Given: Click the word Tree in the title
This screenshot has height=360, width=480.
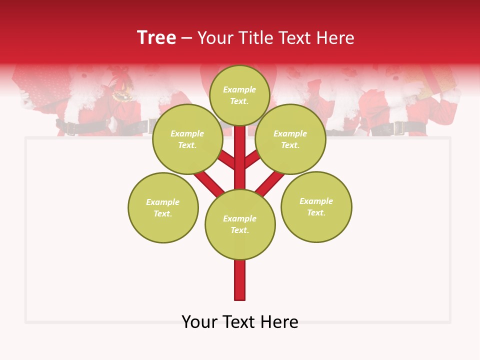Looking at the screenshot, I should (x=156, y=38).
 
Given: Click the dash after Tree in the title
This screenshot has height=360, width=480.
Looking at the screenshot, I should (x=186, y=38).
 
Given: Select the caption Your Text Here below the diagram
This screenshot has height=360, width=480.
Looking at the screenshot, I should (x=240, y=322).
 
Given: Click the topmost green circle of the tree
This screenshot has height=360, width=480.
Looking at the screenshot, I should (x=239, y=95).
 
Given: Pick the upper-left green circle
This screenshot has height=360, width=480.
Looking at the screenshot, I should (x=187, y=139).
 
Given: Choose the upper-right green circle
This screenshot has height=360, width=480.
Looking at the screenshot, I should (x=290, y=139).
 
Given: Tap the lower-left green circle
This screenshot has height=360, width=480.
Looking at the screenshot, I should (x=163, y=207).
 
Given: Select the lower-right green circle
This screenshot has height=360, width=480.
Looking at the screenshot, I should (x=316, y=206).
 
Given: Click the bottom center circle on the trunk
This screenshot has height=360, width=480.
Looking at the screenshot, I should (x=240, y=224).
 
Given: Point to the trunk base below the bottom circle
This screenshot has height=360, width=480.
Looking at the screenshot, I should (x=240, y=280).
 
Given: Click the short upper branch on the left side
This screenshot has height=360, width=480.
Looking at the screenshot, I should (x=227, y=160).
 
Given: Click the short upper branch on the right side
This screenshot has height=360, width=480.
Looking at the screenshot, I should (x=252, y=160).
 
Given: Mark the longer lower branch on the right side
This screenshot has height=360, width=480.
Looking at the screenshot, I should (x=270, y=182).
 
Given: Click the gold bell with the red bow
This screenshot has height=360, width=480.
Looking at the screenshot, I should (x=121, y=90).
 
